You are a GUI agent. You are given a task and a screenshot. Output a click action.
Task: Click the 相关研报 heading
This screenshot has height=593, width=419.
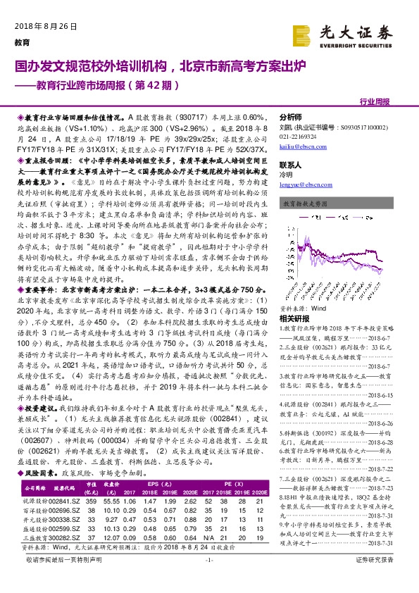click(x=294, y=299)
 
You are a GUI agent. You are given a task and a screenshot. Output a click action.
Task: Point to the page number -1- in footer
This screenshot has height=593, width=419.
click(x=208, y=579)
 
